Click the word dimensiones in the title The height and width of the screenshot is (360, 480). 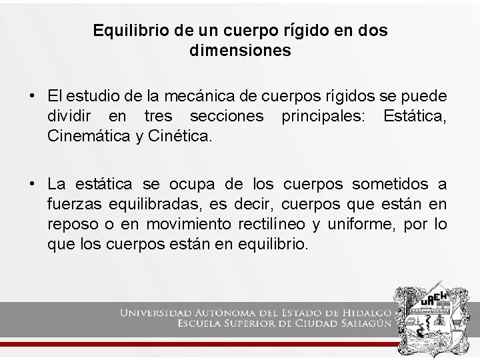[x=240, y=51]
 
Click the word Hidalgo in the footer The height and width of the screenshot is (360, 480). [x=369, y=313]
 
